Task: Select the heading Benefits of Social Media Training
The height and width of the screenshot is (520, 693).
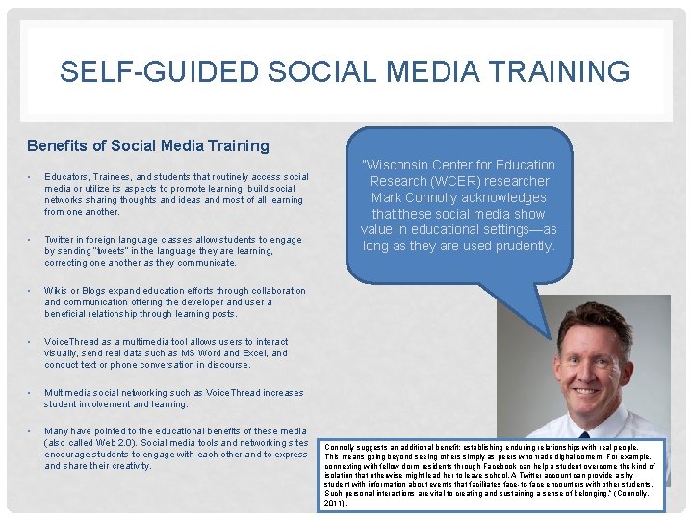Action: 148,146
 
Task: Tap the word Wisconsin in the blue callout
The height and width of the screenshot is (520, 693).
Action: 397,165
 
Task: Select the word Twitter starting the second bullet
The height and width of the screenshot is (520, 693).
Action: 60,240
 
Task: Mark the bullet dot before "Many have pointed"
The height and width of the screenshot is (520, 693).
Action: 30,431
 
